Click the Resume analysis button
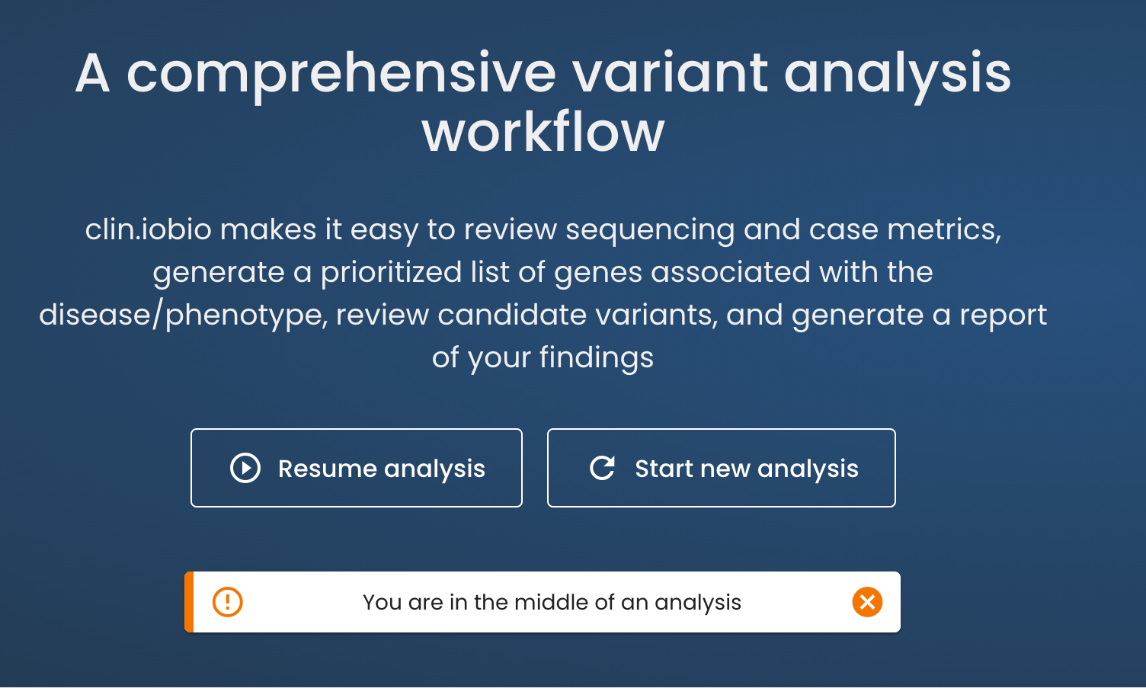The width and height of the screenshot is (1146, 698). click(x=356, y=468)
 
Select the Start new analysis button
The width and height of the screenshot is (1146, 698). click(x=721, y=468)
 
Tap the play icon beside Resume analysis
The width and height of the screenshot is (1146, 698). click(x=245, y=468)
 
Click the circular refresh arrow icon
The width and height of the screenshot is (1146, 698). click(x=602, y=468)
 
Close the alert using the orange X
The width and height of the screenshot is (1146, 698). click(x=867, y=602)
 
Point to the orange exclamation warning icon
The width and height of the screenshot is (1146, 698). click(x=227, y=602)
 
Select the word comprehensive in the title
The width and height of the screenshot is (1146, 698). click(x=341, y=75)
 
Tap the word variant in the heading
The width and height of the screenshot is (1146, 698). click(x=670, y=73)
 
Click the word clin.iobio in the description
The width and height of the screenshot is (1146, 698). click(x=148, y=229)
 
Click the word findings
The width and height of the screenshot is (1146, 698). click(x=597, y=357)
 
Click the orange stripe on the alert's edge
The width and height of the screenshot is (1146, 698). click(x=189, y=602)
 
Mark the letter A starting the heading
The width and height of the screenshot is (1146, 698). click(x=93, y=73)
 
